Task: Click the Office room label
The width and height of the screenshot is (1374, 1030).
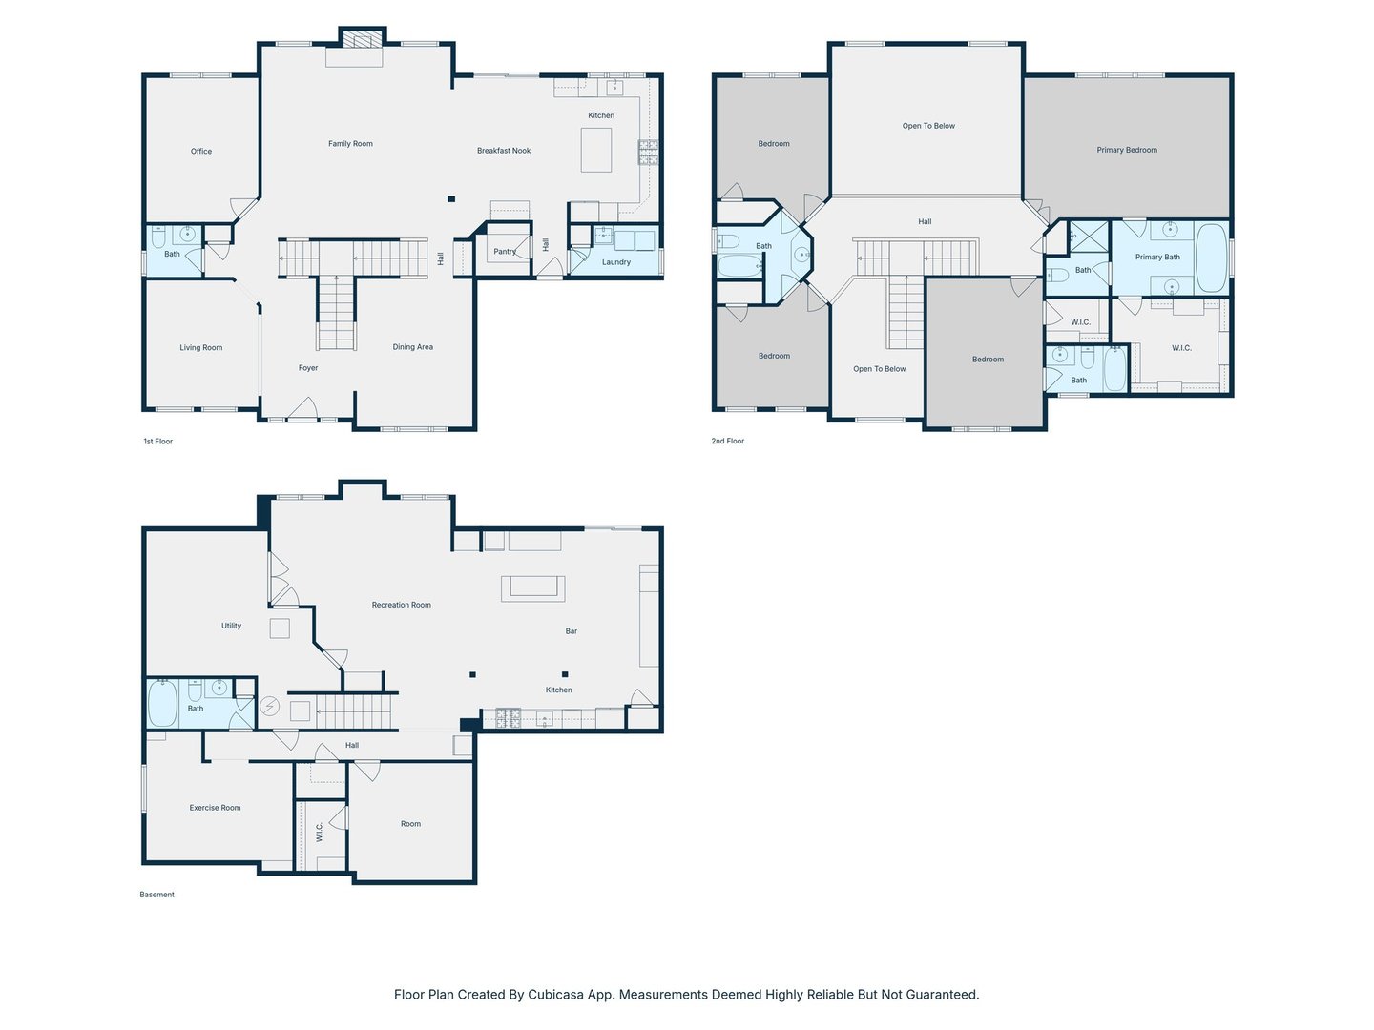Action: (201, 151)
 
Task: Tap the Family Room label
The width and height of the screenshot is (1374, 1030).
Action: (350, 144)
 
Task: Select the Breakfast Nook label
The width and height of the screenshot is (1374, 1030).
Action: (503, 151)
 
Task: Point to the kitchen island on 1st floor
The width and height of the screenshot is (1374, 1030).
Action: (595, 150)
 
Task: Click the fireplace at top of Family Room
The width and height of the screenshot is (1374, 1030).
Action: (363, 39)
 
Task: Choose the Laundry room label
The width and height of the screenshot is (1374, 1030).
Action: (616, 262)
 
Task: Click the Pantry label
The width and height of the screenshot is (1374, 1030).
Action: (505, 252)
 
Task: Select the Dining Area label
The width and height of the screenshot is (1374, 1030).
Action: (412, 347)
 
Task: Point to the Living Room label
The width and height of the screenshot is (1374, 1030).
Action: (201, 348)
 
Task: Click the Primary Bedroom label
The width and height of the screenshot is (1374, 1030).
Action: (1126, 150)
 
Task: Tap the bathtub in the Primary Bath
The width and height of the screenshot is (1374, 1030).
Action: (1211, 257)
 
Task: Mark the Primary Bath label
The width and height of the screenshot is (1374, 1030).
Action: (1156, 257)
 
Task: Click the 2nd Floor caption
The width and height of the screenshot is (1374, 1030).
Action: (727, 441)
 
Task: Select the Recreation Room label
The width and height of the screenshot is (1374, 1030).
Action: (402, 605)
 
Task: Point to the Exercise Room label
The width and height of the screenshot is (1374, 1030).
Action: (215, 808)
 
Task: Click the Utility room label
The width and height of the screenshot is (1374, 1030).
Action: (231, 626)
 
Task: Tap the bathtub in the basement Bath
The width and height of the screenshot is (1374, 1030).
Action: (162, 704)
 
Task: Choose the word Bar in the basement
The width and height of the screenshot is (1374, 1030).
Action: (571, 631)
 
